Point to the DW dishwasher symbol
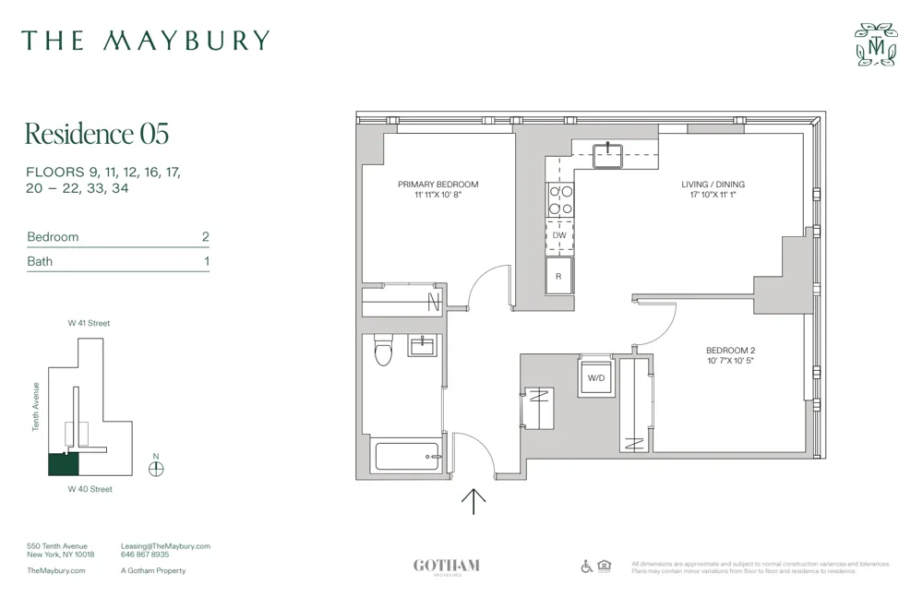point(559,235)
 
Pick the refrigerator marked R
point(559,275)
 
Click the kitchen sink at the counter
point(608,153)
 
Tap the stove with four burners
point(559,201)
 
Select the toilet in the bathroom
point(384,350)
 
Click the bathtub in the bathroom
point(406,457)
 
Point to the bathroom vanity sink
point(422,346)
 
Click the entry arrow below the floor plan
point(473,501)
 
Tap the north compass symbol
point(156,467)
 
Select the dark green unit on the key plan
point(64,464)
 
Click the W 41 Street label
point(89,324)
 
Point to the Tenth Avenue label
point(36,406)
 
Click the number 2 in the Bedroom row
point(206,237)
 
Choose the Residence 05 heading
point(96,134)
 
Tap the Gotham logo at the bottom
point(446,566)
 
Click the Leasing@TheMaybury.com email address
point(165,546)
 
